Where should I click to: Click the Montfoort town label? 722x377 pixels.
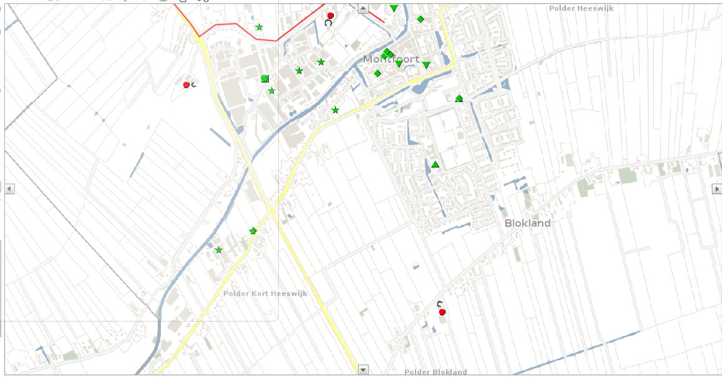[391, 59]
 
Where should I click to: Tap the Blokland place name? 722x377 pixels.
[527, 223]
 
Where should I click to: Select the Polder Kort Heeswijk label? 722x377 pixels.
[265, 293]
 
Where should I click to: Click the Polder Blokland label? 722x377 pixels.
[436, 372]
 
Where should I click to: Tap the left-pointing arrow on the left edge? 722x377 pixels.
[9, 188]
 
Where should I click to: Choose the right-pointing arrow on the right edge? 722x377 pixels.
[717, 188]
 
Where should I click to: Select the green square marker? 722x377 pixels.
[265, 79]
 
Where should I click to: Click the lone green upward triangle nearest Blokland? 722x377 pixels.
[435, 164]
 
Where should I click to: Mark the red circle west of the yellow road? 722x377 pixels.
[186, 85]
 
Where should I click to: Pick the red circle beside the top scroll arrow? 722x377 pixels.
[331, 16]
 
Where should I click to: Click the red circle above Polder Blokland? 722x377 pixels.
[442, 311]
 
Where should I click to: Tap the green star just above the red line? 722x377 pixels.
[259, 27]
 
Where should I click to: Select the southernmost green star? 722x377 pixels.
[218, 250]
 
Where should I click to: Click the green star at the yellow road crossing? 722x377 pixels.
[253, 231]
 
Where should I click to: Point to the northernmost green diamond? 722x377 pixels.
[421, 19]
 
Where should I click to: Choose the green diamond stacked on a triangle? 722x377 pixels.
[459, 98]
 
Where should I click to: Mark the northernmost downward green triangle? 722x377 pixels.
[394, 8]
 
